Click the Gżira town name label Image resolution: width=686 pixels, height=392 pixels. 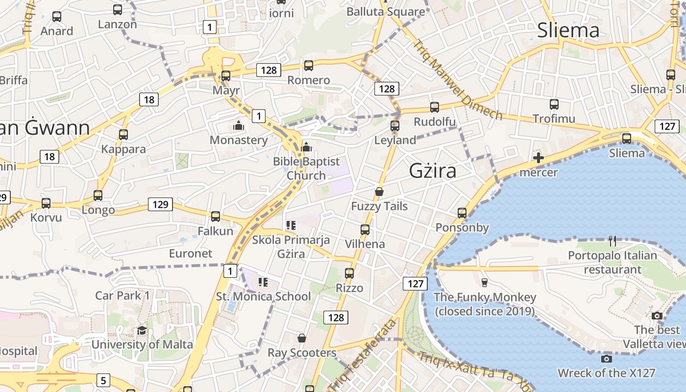tap(433, 171)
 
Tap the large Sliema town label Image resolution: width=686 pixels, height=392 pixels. tap(568, 30)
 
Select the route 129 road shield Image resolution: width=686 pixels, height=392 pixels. tap(160, 204)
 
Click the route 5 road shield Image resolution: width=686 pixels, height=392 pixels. tap(103, 380)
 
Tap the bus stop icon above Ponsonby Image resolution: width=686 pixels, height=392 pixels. tap(462, 213)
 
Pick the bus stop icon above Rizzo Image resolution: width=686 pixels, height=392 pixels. tap(349, 273)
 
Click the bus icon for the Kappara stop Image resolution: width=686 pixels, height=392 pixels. tap(123, 135)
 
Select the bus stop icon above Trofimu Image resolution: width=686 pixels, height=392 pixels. tap(554, 104)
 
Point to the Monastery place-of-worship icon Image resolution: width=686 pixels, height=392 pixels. tap(239, 126)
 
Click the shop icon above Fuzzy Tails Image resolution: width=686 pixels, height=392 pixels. tap(379, 192)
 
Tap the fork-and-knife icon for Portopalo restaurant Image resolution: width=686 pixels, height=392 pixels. tap(612, 241)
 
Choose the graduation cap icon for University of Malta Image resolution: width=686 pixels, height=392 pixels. tap(142, 330)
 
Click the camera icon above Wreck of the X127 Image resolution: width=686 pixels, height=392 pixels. tap(606, 359)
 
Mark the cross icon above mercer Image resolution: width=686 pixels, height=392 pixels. tap(539, 158)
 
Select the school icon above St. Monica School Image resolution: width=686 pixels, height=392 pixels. tap(263, 282)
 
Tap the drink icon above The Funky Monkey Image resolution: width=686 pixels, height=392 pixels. tap(485, 282)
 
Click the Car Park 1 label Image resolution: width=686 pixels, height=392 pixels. tap(122, 295)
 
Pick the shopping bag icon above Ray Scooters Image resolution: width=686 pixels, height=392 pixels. tap(302, 338)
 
